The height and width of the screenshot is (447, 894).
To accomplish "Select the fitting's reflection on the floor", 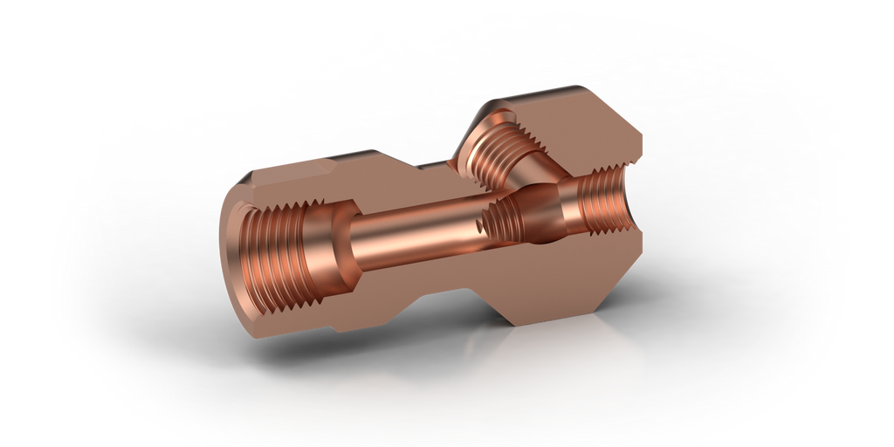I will (x=437, y=393).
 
